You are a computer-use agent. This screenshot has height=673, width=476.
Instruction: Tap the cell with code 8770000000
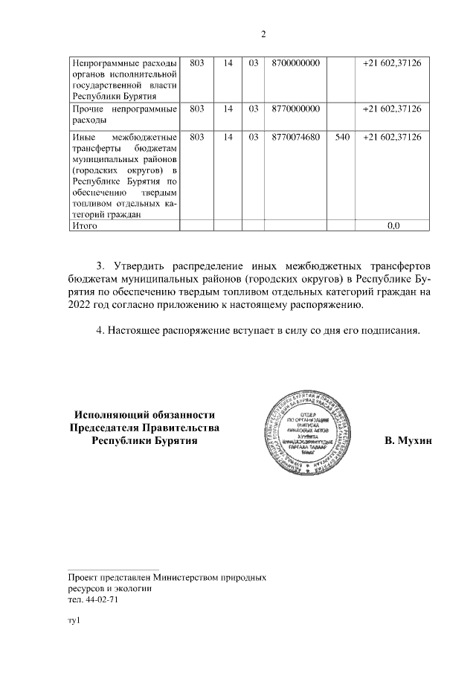pyautogui.click(x=296, y=109)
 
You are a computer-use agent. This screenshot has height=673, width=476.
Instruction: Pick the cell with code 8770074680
pyautogui.click(x=296, y=138)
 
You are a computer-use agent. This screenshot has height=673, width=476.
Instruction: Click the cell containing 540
pyautogui.click(x=342, y=138)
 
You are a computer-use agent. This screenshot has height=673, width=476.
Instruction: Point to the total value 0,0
pyautogui.click(x=393, y=225)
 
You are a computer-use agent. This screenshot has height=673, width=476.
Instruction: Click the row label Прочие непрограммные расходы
pyautogui.click(x=123, y=115)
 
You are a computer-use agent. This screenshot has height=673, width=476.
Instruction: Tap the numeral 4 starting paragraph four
pyautogui.click(x=100, y=331)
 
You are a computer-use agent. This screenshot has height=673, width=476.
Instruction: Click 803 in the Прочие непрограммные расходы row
pyautogui.click(x=197, y=109)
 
